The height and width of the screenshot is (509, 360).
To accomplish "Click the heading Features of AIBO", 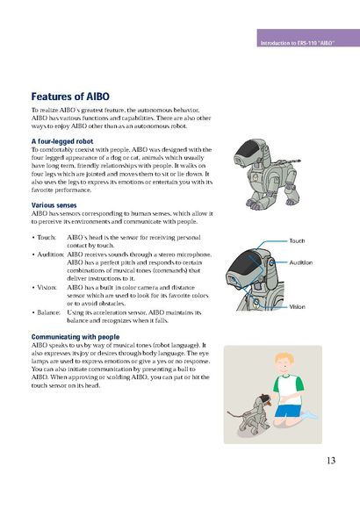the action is (x=70, y=97).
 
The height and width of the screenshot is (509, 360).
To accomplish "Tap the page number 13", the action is (x=331, y=461).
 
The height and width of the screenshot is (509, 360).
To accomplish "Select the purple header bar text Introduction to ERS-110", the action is (x=297, y=43).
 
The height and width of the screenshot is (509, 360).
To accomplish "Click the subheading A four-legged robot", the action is (x=62, y=141).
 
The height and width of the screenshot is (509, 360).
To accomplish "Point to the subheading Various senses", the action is (x=54, y=205).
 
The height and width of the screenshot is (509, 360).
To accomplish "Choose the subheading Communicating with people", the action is (x=76, y=337).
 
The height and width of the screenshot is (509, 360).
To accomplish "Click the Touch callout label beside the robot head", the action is (x=297, y=240).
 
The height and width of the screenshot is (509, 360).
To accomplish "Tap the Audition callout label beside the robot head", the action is (x=301, y=262).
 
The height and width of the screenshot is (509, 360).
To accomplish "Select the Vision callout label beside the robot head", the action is (x=298, y=307).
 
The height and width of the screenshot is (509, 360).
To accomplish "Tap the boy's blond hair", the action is (x=284, y=358).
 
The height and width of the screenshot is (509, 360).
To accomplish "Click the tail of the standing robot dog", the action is (x=289, y=161).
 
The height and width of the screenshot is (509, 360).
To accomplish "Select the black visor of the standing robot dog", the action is (x=248, y=150).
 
